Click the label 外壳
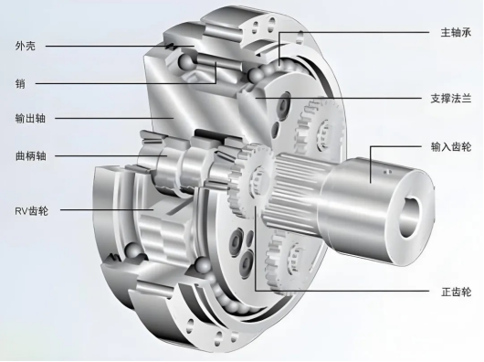click(x=26, y=46)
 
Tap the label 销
click(x=20, y=83)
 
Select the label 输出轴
click(x=30, y=118)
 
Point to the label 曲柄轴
click(x=30, y=155)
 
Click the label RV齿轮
click(x=31, y=210)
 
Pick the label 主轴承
click(x=456, y=32)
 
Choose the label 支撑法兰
click(x=451, y=99)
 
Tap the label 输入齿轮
click(x=451, y=146)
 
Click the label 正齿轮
click(x=456, y=292)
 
